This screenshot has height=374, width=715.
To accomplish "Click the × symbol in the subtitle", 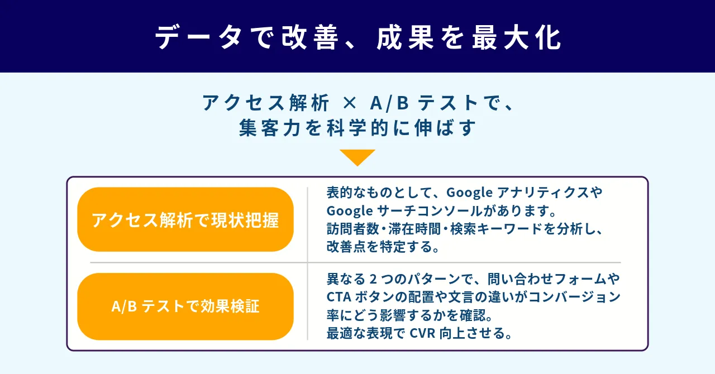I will tap(349, 104).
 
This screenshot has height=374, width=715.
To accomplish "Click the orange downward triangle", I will tap(357, 157).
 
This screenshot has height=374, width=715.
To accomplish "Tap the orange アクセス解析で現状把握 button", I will tap(185, 220).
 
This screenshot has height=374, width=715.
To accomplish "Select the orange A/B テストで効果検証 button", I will tap(185, 306).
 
